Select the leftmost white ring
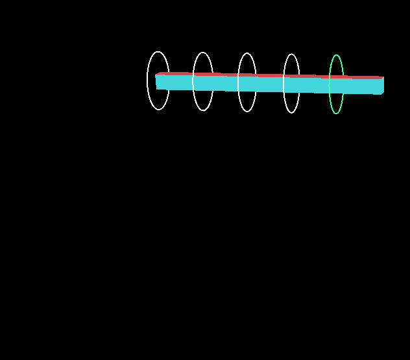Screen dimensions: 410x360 click(x=149, y=80)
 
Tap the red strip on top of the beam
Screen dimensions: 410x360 click(x=272, y=75)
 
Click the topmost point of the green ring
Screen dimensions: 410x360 click(x=336, y=55)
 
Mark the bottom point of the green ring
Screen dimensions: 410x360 click(x=336, y=114)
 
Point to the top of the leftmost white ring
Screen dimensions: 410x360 click(x=158, y=52)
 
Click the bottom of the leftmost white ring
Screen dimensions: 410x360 click(x=158, y=110)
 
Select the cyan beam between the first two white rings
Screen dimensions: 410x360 click(x=180, y=82)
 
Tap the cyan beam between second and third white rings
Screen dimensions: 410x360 click(x=225, y=83)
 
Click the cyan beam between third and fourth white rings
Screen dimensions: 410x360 click(x=269, y=84)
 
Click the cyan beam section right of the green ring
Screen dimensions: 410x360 click(x=360, y=86)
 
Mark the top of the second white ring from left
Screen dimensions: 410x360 click(x=203, y=53)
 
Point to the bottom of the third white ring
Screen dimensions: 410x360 click(x=247, y=112)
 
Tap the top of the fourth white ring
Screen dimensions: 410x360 click(x=291, y=54)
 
